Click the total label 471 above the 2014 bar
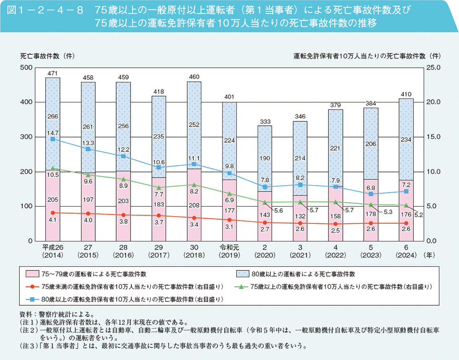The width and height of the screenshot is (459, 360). [53, 73]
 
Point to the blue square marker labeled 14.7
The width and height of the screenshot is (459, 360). [53, 139]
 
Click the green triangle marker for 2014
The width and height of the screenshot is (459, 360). [53, 168]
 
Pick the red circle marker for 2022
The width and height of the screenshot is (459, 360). [335, 224]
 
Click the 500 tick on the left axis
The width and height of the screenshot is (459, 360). [26, 68]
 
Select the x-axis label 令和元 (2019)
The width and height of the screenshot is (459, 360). [229, 251]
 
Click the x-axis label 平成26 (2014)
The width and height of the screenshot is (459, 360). [53, 251]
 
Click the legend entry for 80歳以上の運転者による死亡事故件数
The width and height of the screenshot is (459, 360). [305, 274]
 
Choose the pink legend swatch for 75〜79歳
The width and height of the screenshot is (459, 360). [31, 274]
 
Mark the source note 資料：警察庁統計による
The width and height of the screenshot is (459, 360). [56, 314]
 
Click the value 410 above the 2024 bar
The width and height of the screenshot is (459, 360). [406, 94]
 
